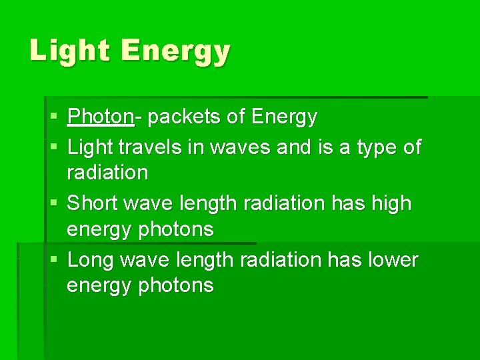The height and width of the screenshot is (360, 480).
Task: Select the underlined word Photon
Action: [x=101, y=117]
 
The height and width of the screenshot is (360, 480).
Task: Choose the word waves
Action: [x=240, y=147]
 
